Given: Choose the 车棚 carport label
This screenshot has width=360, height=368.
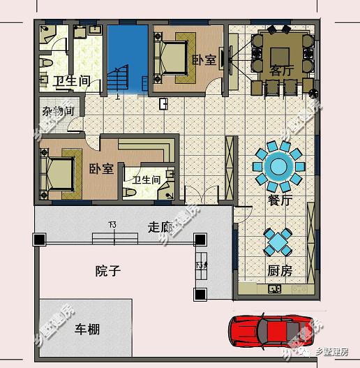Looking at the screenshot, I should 87,328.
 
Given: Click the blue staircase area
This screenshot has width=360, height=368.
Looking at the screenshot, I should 126,59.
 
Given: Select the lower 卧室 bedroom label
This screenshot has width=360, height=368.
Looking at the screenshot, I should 102,169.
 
